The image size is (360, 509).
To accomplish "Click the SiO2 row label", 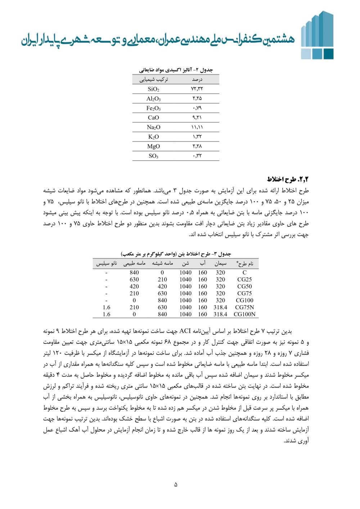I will pyautogui.click(x=153, y=89).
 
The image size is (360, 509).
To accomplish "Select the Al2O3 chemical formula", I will pyautogui.click(x=153, y=99).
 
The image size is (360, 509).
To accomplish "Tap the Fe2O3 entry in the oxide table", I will pyautogui.click(x=153, y=108).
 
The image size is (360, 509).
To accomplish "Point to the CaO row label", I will pyautogui.click(x=153, y=118).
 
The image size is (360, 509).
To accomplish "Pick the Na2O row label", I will pyautogui.click(x=153, y=127).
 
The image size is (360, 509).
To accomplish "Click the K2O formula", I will pyautogui.click(x=153, y=137).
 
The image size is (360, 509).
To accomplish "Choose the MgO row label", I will pyautogui.click(x=153, y=146).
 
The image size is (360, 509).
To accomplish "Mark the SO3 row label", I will pyautogui.click(x=153, y=156).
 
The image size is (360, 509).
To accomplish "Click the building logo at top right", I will pyautogui.click(x=317, y=35).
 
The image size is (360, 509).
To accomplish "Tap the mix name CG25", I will pyautogui.click(x=244, y=279).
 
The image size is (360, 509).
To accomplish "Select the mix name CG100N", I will pyautogui.click(x=244, y=314).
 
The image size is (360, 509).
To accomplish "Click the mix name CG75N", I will pyautogui.click(x=244, y=307).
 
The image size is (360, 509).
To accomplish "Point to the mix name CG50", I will pyautogui.click(x=244, y=287).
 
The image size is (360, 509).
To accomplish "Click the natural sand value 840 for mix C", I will pyautogui.click(x=134, y=272).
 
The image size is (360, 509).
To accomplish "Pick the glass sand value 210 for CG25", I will pyautogui.click(x=162, y=279).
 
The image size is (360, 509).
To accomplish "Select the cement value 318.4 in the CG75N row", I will pyautogui.click(x=220, y=307).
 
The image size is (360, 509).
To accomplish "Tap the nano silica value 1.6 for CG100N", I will pyautogui.click(x=107, y=314).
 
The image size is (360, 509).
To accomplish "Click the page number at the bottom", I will pyautogui.click(x=176, y=485).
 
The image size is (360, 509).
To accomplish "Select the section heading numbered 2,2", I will pyautogui.click(x=288, y=179).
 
